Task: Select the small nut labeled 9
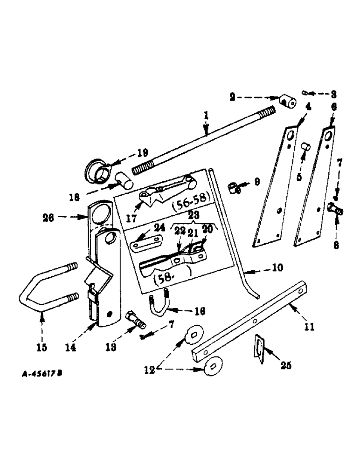235,188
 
